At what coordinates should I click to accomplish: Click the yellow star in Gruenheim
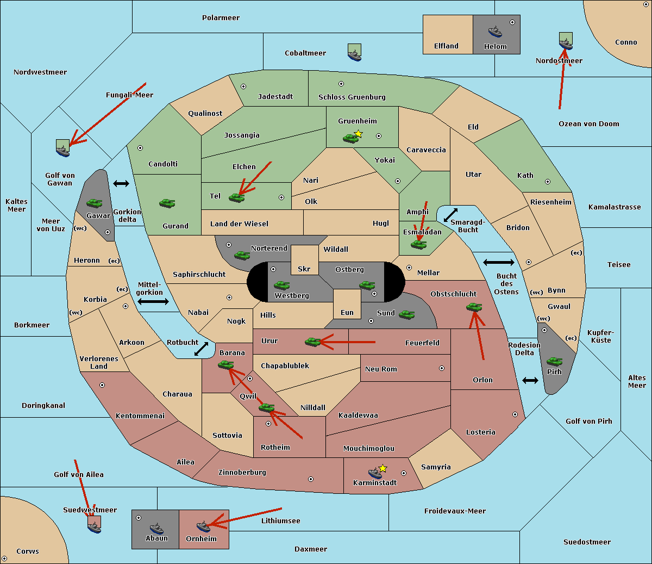pyautogui.click(x=359, y=134)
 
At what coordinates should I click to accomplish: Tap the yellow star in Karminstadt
pyautogui.click(x=383, y=468)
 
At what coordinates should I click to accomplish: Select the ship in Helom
pyautogui.click(x=495, y=32)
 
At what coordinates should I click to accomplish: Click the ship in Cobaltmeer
pyautogui.click(x=354, y=55)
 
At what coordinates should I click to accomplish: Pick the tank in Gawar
pyautogui.click(x=95, y=203)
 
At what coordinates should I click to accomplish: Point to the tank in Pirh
pyautogui.click(x=554, y=361)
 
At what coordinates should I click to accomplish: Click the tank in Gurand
pyautogui.click(x=167, y=203)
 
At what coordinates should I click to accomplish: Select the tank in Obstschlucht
pyautogui.click(x=474, y=307)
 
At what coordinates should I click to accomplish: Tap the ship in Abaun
pyautogui.click(x=156, y=528)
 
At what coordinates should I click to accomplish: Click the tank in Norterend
pyautogui.click(x=242, y=255)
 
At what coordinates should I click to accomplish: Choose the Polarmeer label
pyautogui.click(x=221, y=18)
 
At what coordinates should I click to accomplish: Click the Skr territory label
pyautogui.click(x=304, y=269)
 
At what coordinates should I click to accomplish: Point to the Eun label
pyautogui.click(x=347, y=312)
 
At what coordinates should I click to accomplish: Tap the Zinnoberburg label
pyautogui.click(x=242, y=472)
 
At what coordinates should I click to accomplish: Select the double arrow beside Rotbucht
pyautogui.click(x=201, y=349)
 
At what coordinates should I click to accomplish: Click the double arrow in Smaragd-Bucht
pyautogui.click(x=450, y=215)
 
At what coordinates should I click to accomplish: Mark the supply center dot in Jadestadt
pyautogui.click(x=243, y=86)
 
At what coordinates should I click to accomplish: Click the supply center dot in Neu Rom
pyautogui.click(x=442, y=368)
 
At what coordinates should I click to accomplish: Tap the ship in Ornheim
pyautogui.click(x=203, y=526)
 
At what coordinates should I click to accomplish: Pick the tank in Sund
pyautogui.click(x=406, y=314)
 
